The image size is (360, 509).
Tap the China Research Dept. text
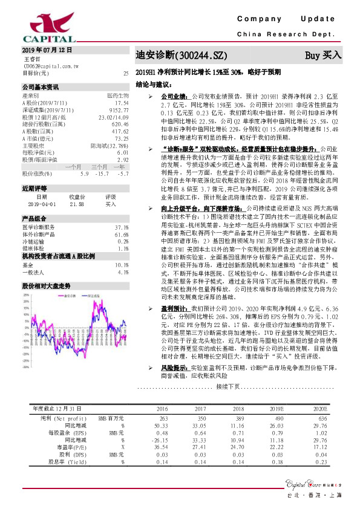coord(289,36)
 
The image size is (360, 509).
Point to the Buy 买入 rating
coord(323,56)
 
